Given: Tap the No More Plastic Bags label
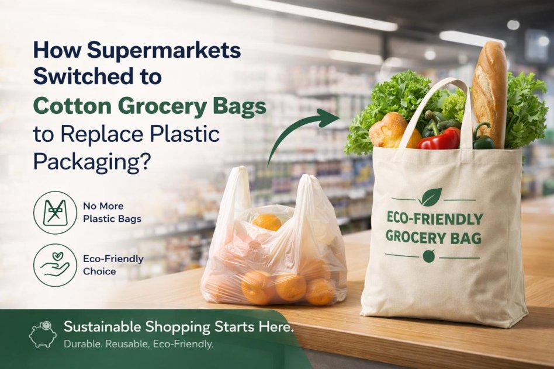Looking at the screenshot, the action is (x=112, y=213).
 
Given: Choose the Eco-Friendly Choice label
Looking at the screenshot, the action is (x=113, y=265).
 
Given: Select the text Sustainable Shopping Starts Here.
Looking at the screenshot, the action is (x=179, y=328).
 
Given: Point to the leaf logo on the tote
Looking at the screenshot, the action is (x=430, y=197).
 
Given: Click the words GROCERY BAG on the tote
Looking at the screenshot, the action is (x=434, y=237).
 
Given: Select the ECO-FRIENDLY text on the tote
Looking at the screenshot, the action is (x=435, y=218).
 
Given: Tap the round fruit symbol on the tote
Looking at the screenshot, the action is (x=429, y=256).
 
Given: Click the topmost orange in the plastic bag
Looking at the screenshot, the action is (x=266, y=222).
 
